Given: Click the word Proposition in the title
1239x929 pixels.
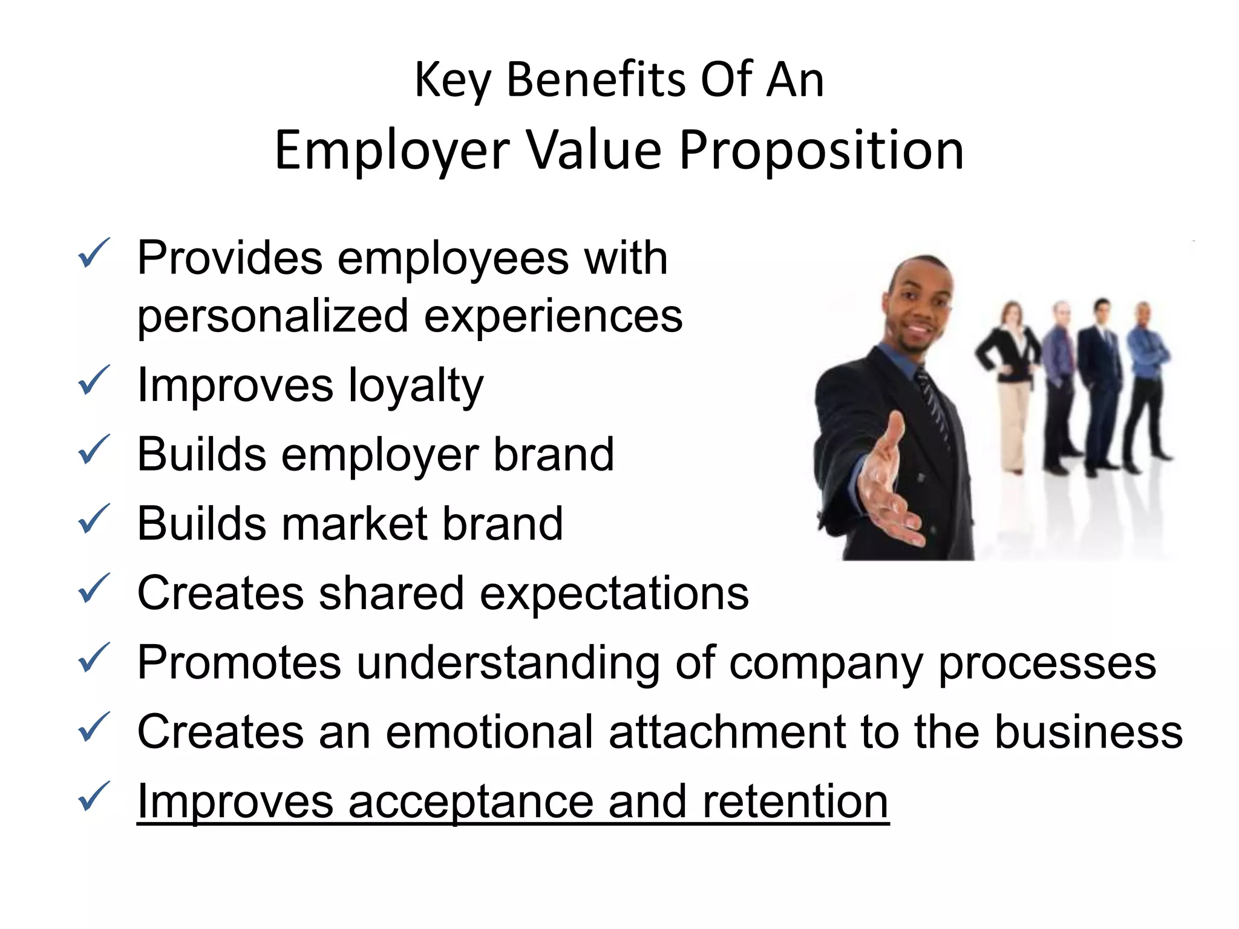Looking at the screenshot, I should click(x=821, y=151).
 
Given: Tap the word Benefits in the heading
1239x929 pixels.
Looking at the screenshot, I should click(x=595, y=80).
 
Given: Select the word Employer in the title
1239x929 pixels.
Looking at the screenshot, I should click(x=392, y=151).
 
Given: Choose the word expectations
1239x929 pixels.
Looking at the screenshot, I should click(x=614, y=595).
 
